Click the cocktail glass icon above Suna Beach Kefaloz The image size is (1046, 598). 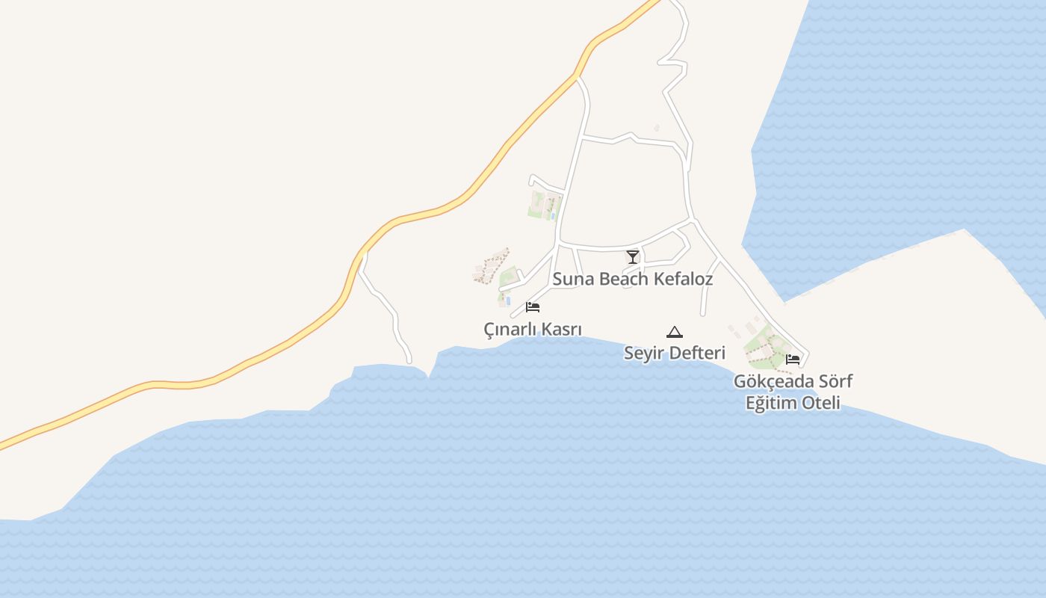tap(633, 257)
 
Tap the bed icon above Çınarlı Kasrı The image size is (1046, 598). tap(533, 306)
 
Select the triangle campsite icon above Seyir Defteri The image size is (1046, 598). tap(675, 332)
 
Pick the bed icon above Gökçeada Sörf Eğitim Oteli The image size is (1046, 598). tap(793, 359)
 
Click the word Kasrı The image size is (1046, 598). tap(562, 330)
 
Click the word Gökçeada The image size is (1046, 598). tap(770, 382)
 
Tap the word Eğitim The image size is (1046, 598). tap(770, 404)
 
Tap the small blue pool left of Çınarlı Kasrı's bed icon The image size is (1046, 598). tap(508, 301)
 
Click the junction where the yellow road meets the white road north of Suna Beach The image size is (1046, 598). tap(577, 75)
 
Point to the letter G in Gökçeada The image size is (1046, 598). tap(740, 382)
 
